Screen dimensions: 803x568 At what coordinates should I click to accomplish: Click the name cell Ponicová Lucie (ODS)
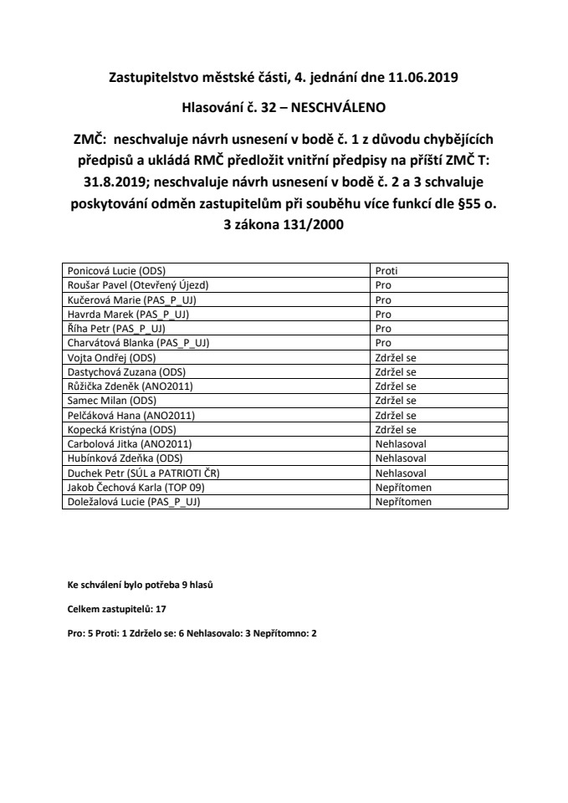coord(115,271)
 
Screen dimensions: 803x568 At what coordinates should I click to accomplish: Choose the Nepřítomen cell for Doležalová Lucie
coord(403,501)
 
